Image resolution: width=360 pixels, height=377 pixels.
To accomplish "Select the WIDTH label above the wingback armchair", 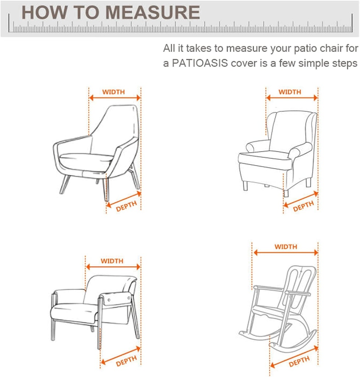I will (x=290, y=92).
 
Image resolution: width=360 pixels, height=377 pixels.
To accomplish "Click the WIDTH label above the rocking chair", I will (x=286, y=247).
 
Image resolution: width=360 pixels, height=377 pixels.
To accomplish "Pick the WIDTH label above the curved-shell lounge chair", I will (x=113, y=92).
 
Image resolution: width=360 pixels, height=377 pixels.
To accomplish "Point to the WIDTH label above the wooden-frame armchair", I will (x=112, y=261).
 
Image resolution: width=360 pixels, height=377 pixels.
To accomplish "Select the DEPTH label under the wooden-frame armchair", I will (x=126, y=361).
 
